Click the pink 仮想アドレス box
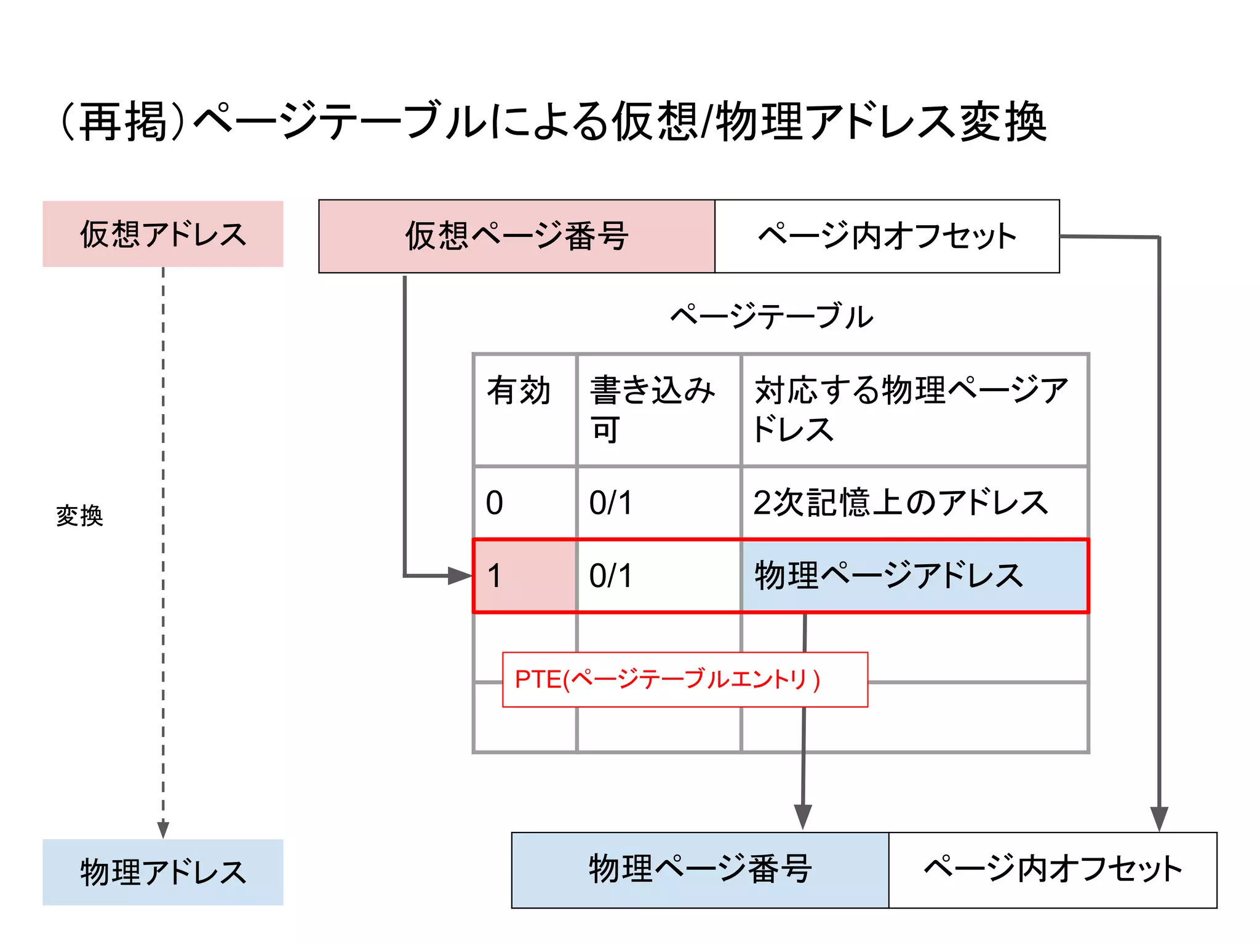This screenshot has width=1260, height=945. pyautogui.click(x=162, y=234)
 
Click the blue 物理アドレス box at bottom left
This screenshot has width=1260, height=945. pyautogui.click(x=162, y=872)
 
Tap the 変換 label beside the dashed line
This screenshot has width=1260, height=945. pyautogui.click(x=79, y=516)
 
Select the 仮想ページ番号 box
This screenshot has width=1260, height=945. pyautogui.click(x=516, y=236)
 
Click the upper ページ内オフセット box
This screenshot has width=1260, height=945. pyautogui.click(x=887, y=236)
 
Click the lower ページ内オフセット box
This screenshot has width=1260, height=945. pyautogui.click(x=1053, y=870)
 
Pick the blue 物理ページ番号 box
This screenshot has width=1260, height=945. pyautogui.click(x=700, y=870)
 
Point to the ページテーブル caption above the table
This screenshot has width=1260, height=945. pyautogui.click(x=772, y=317)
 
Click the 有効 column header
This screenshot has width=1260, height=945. pyautogui.click(x=519, y=391)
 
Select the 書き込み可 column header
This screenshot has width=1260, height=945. pyautogui.click(x=652, y=409)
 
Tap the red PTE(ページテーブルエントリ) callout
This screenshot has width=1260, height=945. pyautogui.click(x=685, y=680)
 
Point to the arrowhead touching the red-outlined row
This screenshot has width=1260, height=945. pyautogui.click(x=460, y=576)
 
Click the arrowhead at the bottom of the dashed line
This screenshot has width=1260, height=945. pyautogui.click(x=163, y=829)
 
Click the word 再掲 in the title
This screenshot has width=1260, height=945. pyautogui.click(x=124, y=122)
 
